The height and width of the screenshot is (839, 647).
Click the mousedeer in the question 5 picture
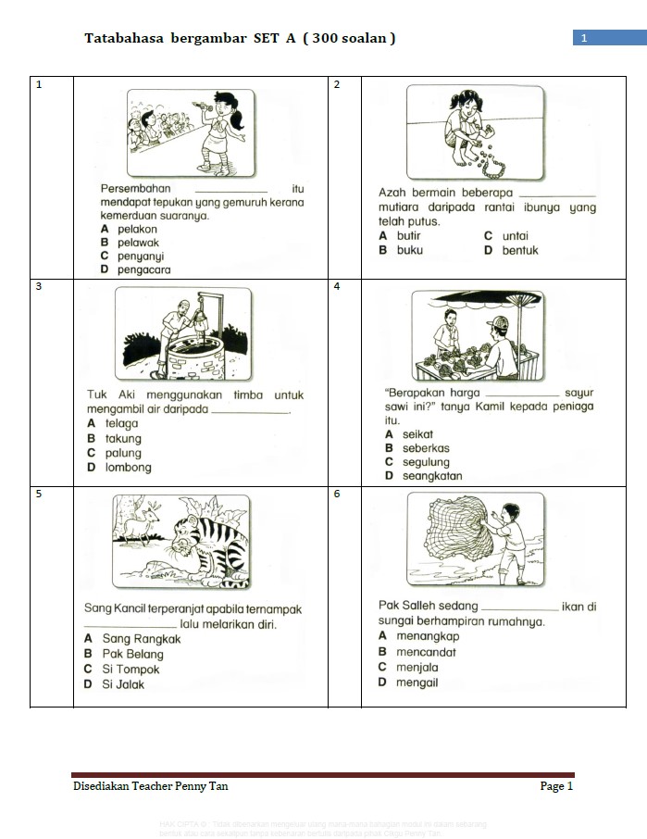143,529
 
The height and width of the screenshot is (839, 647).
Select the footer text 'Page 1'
556,786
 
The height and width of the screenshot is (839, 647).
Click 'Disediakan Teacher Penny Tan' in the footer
151,786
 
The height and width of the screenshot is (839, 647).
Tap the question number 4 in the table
337,287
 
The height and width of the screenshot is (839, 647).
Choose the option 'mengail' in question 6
417,682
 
